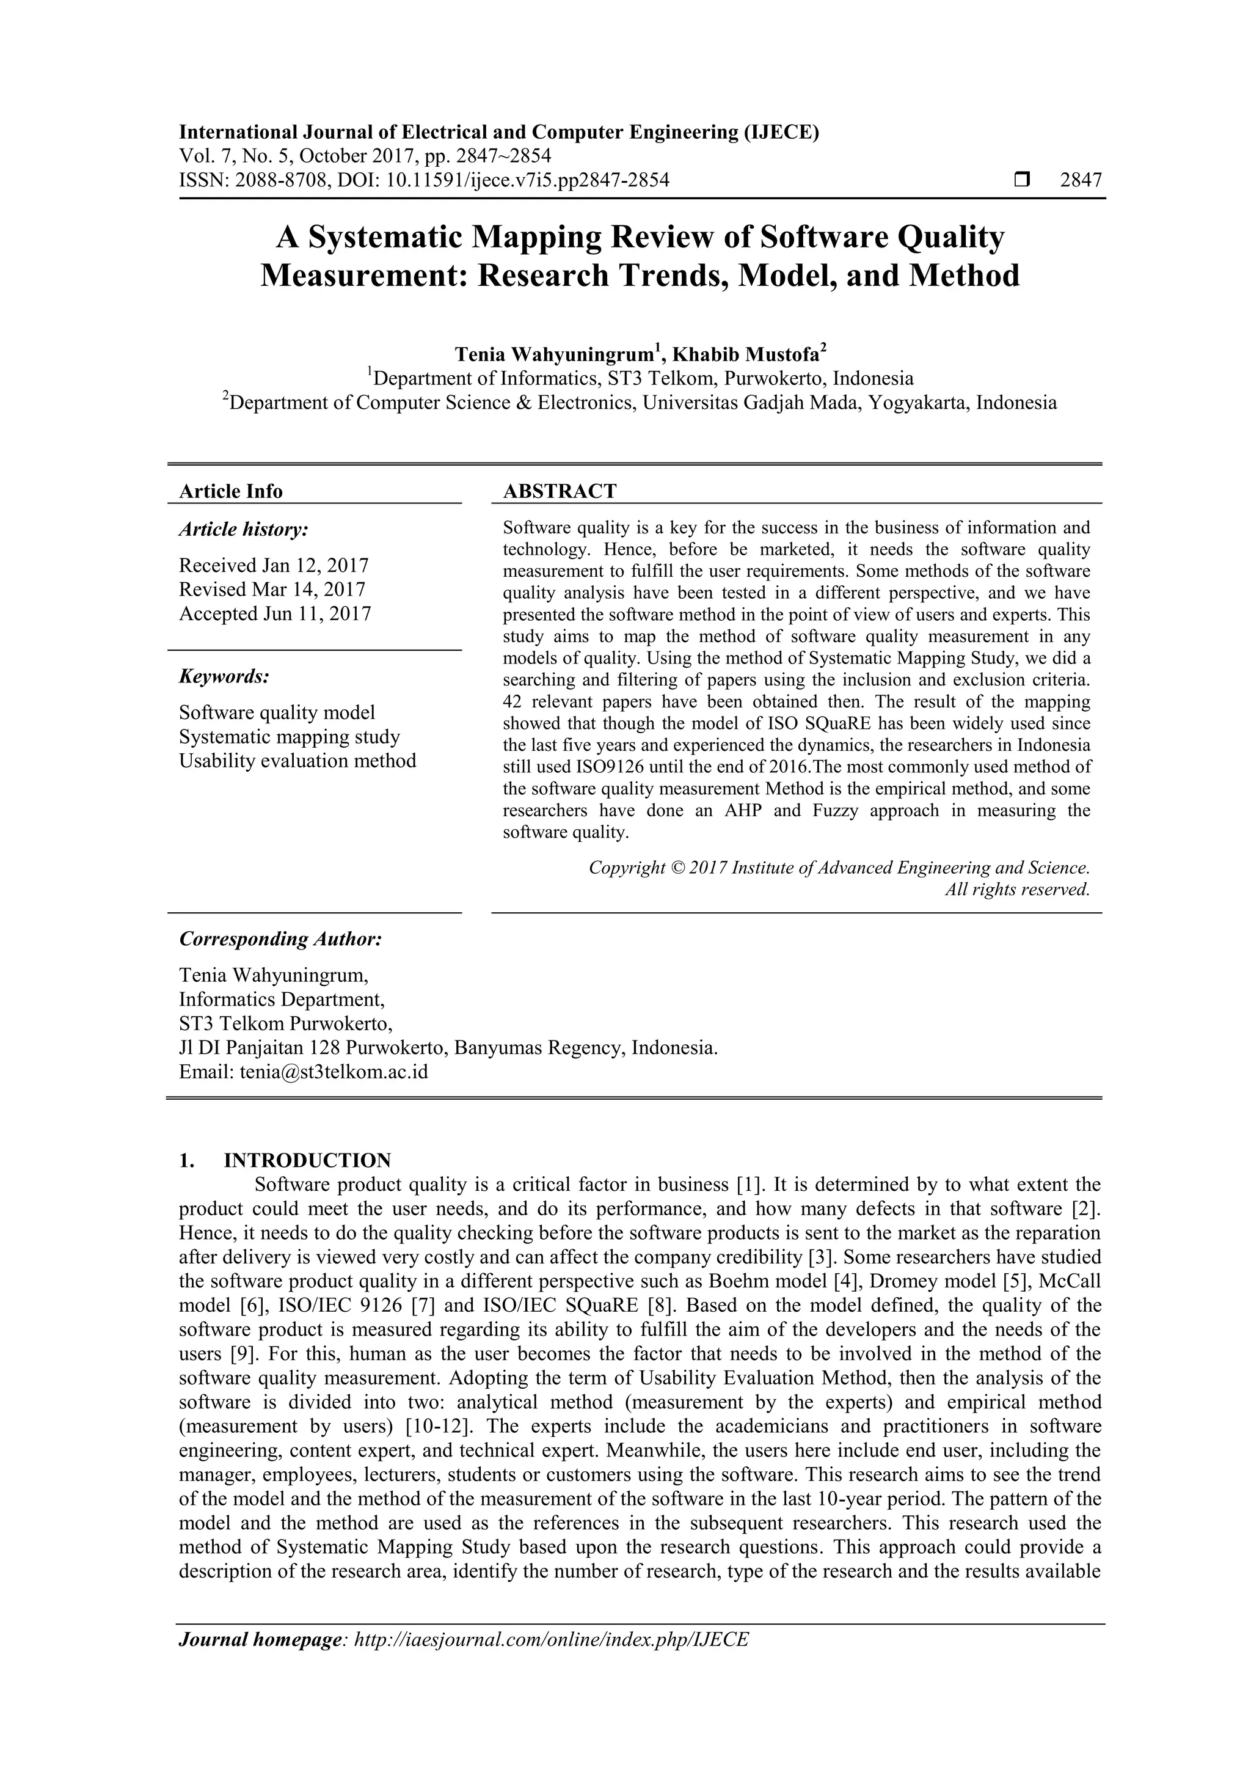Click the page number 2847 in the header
coord(1081,180)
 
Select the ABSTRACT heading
coord(559,491)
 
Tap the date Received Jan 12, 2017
coord(274,565)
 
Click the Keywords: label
coord(224,676)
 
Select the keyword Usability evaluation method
coord(297,761)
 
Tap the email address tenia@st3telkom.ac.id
coord(333,1072)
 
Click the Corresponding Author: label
coord(280,939)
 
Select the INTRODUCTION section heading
coord(307,1160)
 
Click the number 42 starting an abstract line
coord(512,701)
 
